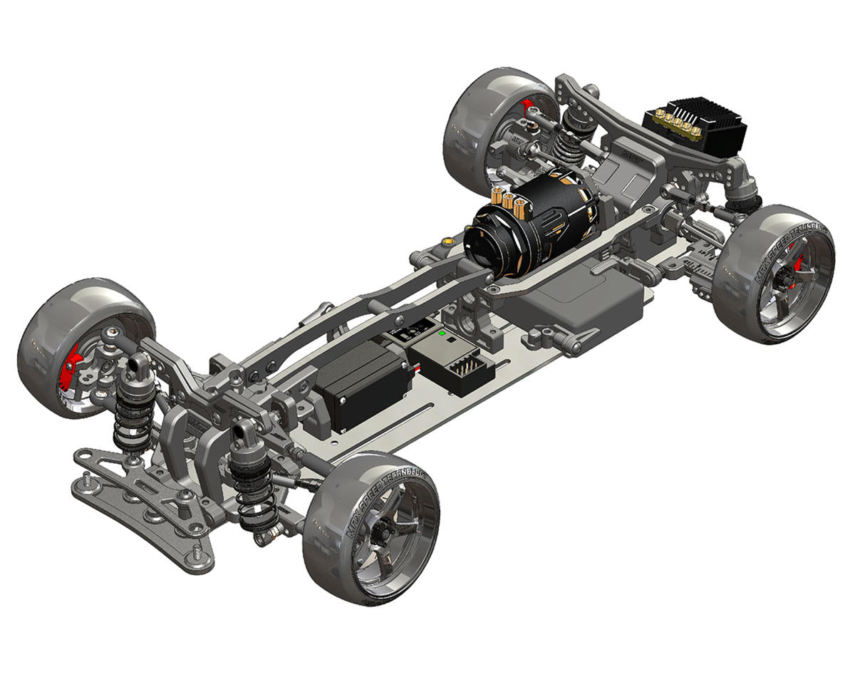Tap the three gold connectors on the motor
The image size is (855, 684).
click(509, 200)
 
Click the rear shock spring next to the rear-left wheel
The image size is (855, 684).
click(568, 139)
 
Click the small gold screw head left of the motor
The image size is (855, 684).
click(447, 243)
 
